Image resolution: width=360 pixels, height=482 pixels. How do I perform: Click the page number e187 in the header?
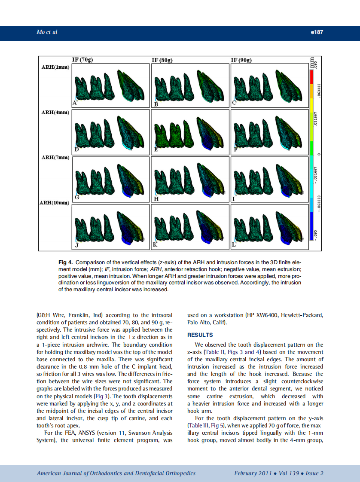pos(316,32)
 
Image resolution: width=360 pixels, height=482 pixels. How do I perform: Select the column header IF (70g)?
pos(82,60)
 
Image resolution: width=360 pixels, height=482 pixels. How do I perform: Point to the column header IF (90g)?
pos(241,60)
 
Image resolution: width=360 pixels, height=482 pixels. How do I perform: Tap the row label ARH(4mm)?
pos(55,113)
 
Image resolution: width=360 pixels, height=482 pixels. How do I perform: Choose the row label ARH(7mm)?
pos(55,158)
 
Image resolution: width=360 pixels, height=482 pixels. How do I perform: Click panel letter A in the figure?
pos(75,104)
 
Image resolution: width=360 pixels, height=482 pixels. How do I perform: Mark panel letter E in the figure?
pos(156,149)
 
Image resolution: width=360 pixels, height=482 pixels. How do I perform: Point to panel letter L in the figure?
pos(234,245)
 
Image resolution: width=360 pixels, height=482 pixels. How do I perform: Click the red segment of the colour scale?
pos(311,76)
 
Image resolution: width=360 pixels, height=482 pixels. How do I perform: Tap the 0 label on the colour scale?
pos(318,154)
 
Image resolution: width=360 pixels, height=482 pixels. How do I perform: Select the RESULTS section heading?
pos(200,335)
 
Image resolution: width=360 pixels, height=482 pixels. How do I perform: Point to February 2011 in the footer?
pos(253,473)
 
